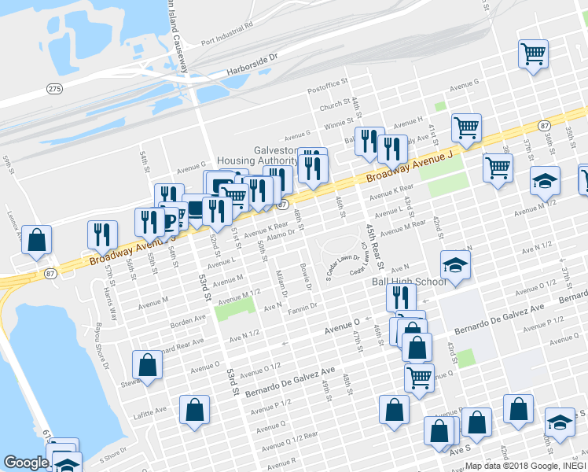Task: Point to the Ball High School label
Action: tap(409, 282)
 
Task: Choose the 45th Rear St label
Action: tap(373, 249)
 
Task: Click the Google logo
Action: tap(26, 463)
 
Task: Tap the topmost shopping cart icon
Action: tap(533, 55)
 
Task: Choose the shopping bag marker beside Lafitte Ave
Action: tap(194, 410)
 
